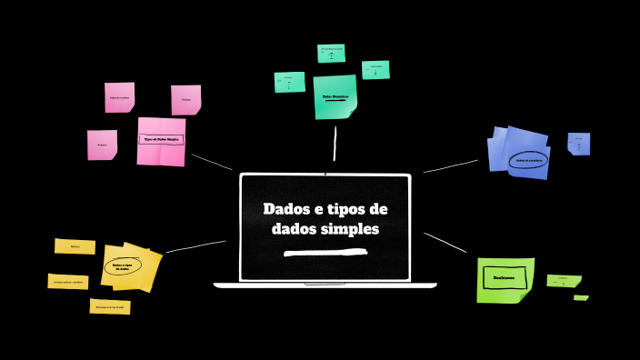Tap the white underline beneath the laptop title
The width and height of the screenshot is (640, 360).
point(325,252)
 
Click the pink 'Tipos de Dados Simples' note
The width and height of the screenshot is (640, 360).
point(161,141)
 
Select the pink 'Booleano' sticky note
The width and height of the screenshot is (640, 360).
point(185,99)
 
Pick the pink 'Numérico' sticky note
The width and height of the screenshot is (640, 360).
point(102,145)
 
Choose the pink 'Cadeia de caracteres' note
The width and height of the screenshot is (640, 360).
point(119,97)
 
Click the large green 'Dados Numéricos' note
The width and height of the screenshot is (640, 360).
point(335,95)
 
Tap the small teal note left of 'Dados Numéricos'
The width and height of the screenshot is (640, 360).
point(289,82)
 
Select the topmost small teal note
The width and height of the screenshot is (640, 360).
point(331,53)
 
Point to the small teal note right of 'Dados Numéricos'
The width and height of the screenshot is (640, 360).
point(375,70)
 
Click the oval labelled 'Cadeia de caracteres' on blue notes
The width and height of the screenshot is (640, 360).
point(528,159)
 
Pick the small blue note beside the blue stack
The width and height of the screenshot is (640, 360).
point(579,143)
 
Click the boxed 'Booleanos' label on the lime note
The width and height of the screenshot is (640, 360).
point(505,277)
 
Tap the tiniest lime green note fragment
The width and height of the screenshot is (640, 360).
point(580,297)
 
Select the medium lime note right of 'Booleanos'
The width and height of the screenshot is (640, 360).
point(564,281)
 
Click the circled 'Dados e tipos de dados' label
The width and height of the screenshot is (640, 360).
point(124,267)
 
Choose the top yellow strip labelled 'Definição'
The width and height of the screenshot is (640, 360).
point(75,246)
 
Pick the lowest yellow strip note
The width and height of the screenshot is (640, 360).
point(111,307)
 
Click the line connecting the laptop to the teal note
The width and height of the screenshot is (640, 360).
point(335,143)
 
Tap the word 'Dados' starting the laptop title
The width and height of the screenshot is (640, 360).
point(285,209)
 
